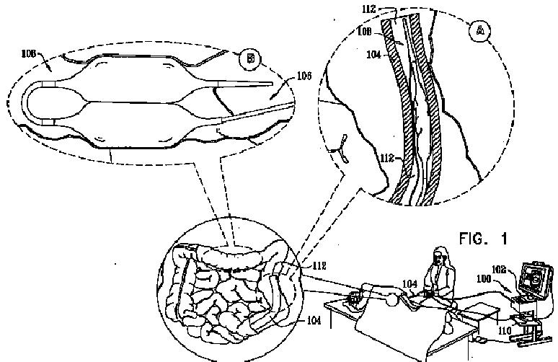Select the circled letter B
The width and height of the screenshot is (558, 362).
click(251, 58)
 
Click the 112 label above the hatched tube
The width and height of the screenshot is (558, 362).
click(370, 9)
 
